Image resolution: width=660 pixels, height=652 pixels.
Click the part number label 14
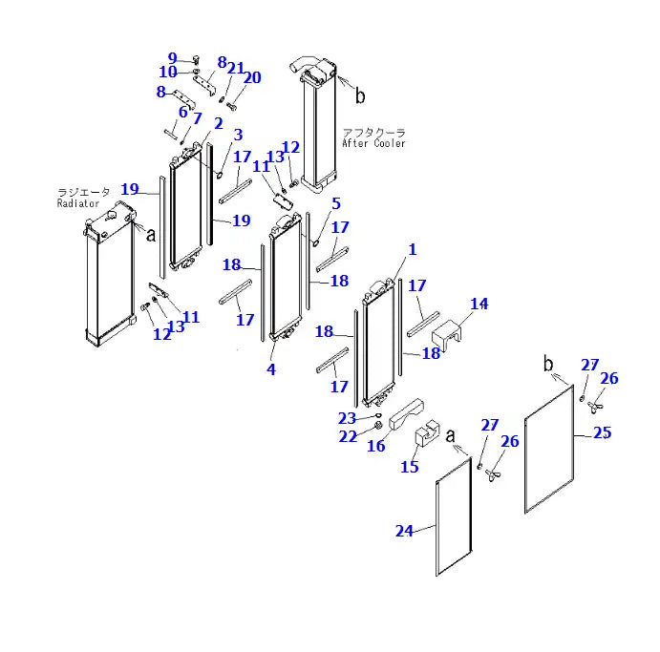(479, 304)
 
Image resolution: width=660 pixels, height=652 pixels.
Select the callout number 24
(405, 531)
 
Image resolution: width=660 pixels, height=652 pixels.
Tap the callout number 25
(602, 432)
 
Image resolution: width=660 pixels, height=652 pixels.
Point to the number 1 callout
(413, 249)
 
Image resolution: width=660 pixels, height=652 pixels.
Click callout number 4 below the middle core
(271, 369)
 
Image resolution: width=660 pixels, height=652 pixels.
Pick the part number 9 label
(172, 57)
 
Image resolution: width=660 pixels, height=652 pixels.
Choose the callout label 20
(252, 77)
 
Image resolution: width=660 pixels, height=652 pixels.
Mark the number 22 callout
(350, 435)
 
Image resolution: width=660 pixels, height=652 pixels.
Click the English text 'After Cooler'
(373, 143)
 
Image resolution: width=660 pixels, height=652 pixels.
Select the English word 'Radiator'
(77, 203)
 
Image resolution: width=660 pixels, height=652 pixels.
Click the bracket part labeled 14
(449, 334)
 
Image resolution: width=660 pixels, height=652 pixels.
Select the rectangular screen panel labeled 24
(454, 515)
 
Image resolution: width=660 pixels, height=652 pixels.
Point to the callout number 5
(335, 203)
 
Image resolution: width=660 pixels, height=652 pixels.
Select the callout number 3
(238, 135)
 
